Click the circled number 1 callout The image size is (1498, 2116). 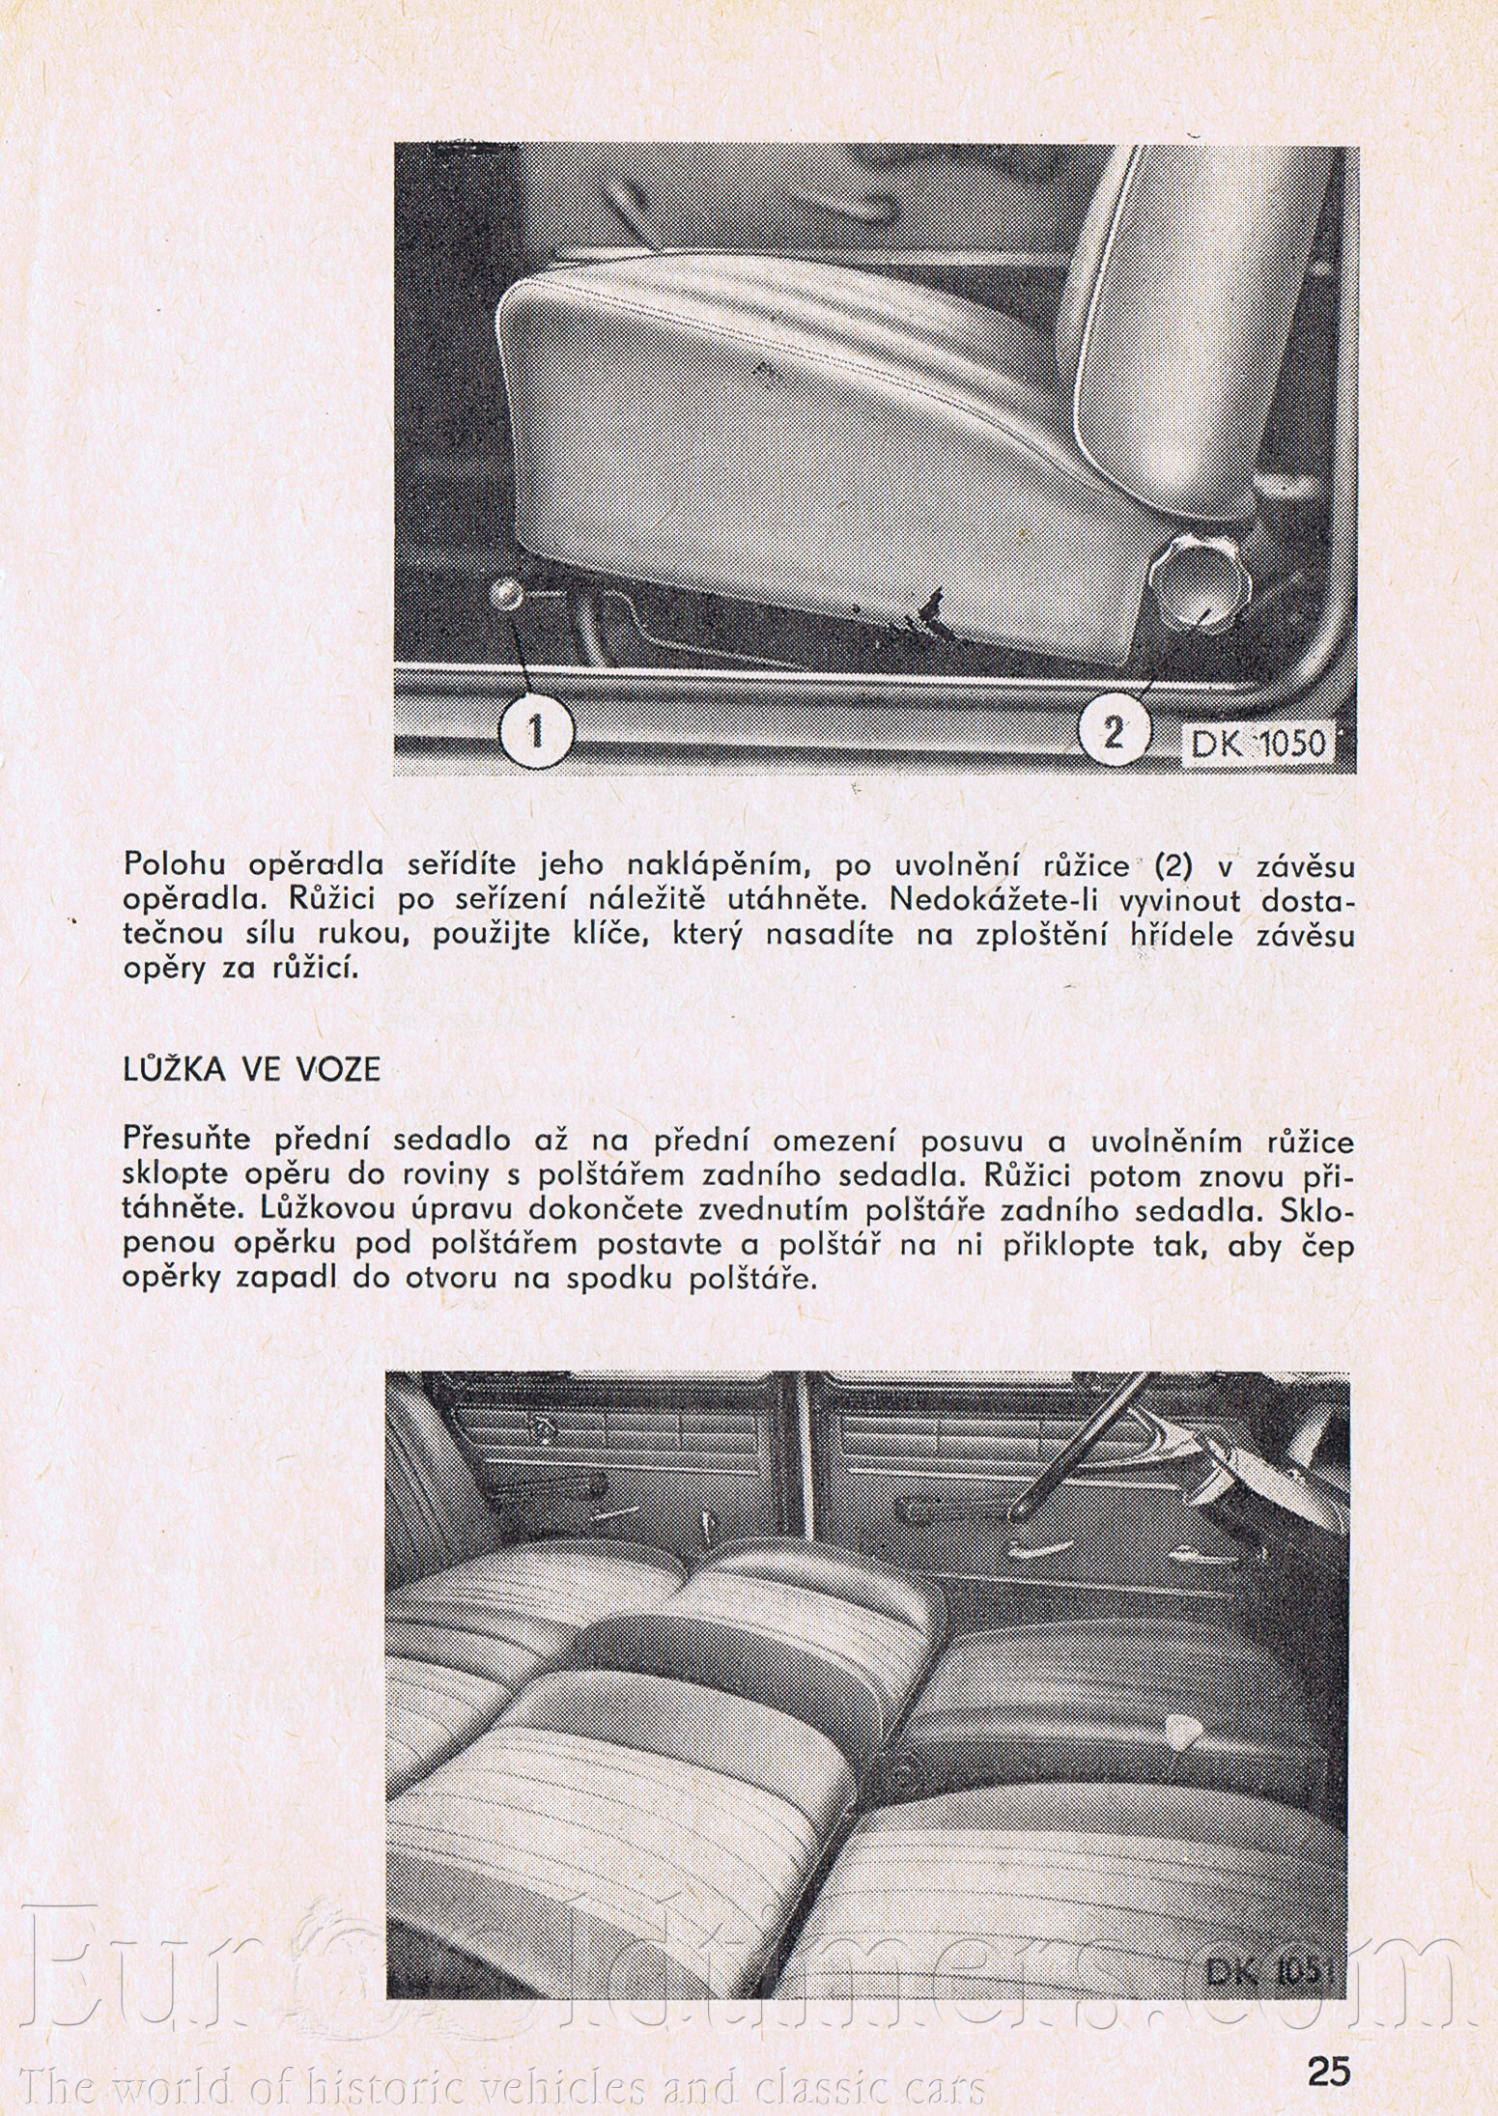(535, 733)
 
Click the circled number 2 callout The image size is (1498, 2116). (1113, 733)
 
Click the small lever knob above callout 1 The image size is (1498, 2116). (506, 595)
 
